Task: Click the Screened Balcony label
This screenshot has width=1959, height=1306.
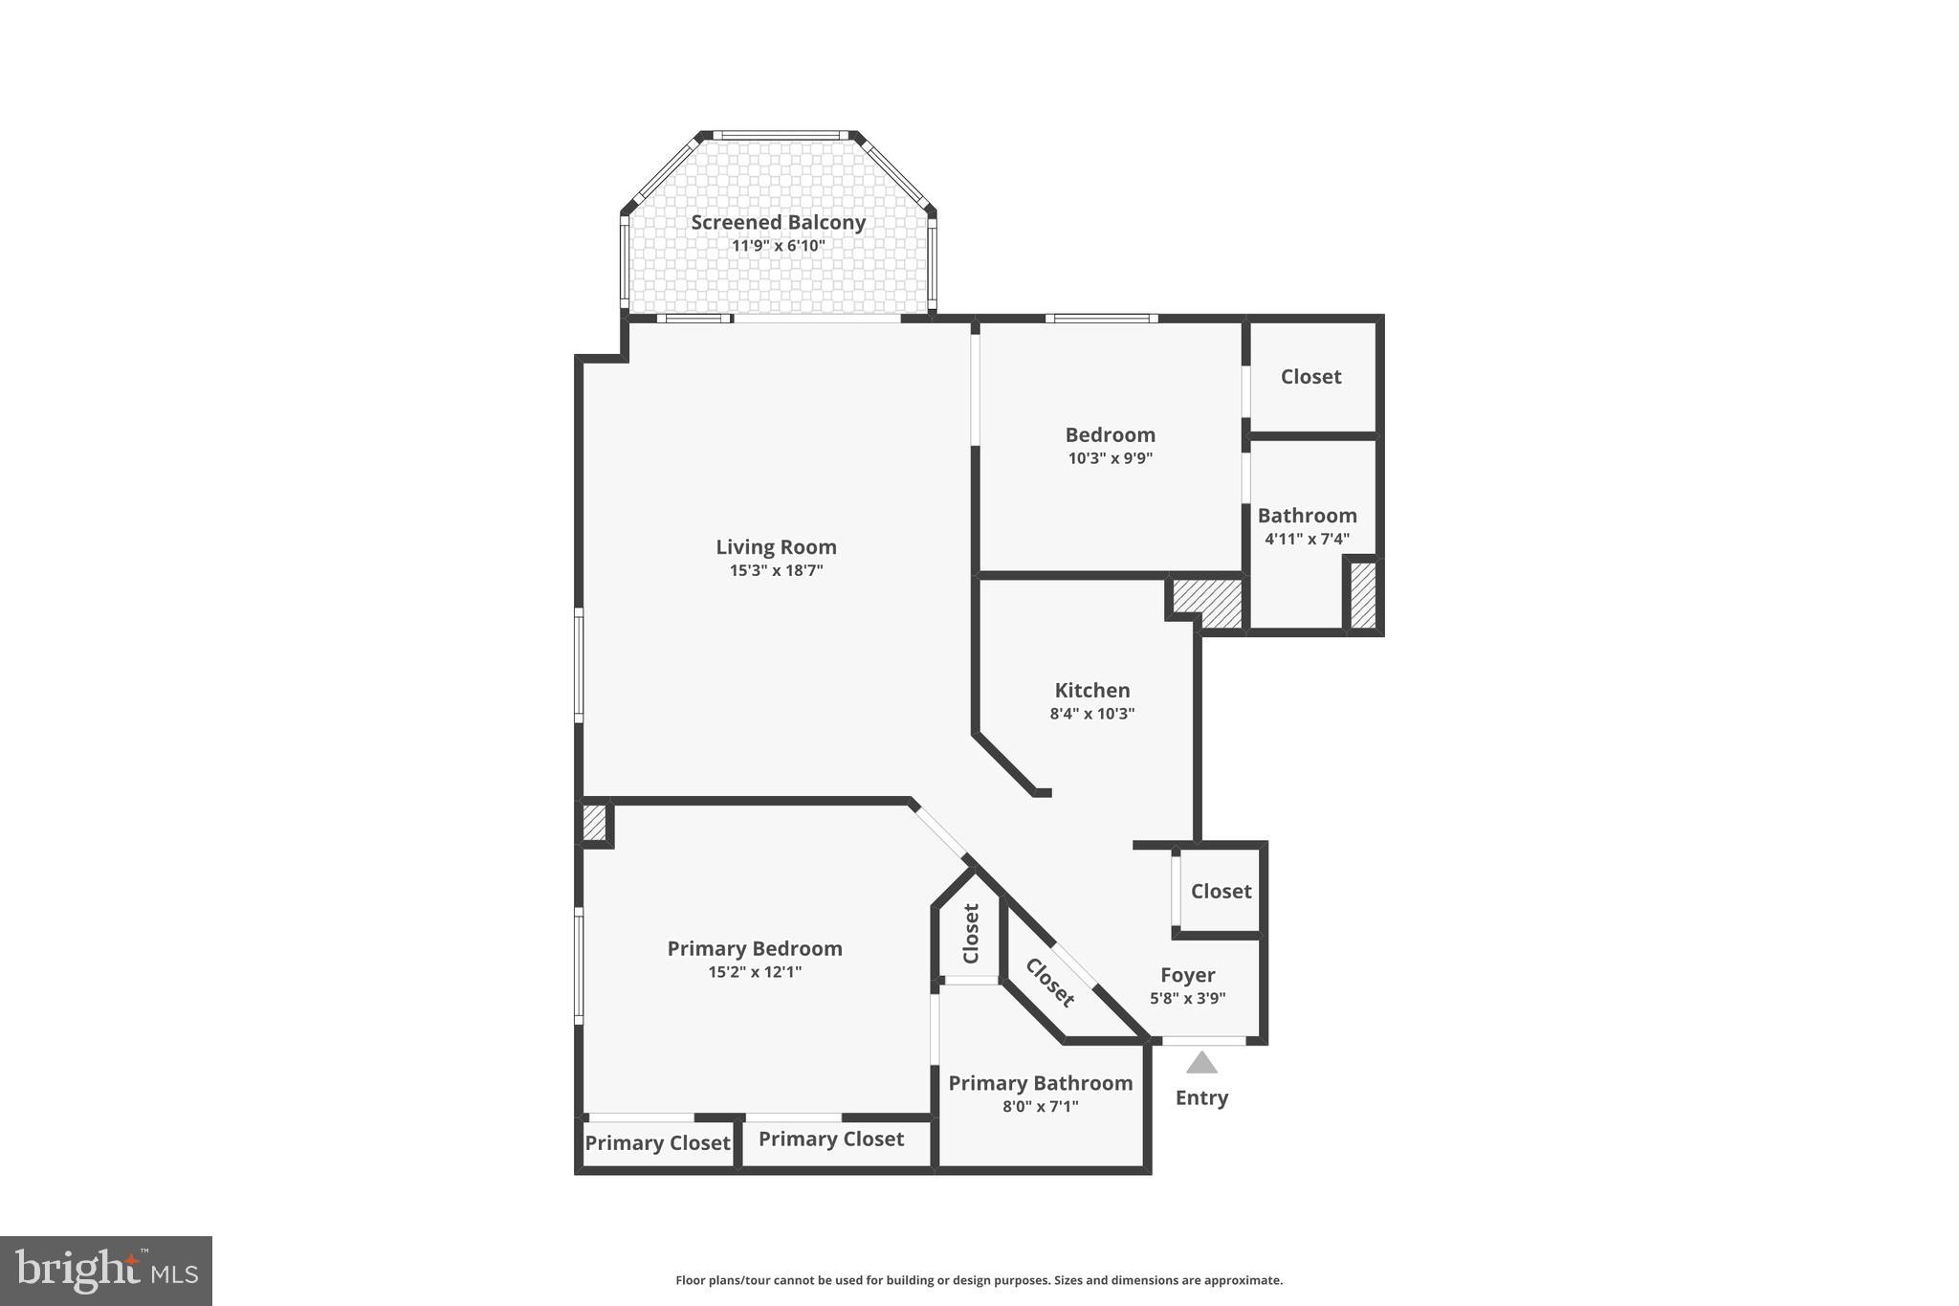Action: (778, 222)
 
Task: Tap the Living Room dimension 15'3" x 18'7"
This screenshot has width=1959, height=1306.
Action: (776, 571)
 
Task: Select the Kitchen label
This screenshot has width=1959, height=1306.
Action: (1091, 690)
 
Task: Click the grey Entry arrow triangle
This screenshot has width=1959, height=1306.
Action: (1201, 1063)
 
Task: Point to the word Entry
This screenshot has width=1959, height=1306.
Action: (1201, 1097)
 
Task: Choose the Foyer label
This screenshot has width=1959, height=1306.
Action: (1187, 975)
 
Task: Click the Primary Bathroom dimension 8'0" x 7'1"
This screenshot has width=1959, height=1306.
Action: (1040, 1107)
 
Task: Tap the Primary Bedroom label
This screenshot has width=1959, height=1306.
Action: (754, 948)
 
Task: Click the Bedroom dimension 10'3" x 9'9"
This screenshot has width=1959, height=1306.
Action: (1110, 458)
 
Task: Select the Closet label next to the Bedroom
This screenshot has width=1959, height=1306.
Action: (1310, 377)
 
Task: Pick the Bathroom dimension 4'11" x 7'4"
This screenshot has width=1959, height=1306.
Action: (1307, 539)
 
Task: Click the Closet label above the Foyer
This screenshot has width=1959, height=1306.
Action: (1221, 891)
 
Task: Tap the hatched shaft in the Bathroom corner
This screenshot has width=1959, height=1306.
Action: (1362, 595)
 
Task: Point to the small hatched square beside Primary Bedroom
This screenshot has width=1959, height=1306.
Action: (594, 823)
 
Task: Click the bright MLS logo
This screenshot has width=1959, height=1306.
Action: (106, 1271)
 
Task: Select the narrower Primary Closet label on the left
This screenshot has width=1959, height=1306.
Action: (657, 1143)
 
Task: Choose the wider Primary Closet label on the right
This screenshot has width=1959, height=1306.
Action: (830, 1139)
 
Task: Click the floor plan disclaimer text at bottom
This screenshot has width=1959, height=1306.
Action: (979, 1280)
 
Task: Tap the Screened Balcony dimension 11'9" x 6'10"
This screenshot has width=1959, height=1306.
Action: (778, 246)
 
